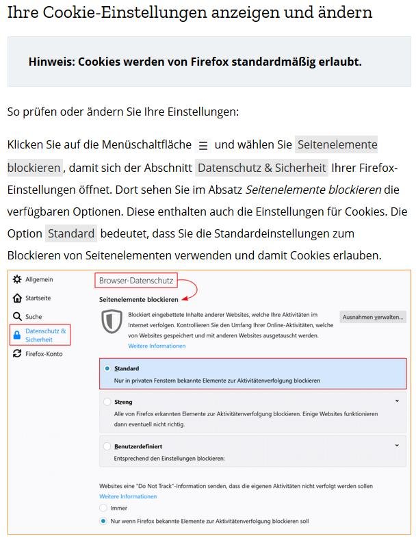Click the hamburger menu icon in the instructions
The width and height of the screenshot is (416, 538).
coord(203,146)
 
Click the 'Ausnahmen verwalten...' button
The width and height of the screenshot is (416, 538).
coord(372,318)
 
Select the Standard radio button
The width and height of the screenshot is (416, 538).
coord(107,368)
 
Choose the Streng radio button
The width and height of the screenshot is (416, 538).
coord(107,402)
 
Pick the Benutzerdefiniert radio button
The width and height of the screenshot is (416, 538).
coord(107,446)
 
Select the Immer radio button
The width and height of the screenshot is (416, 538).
coord(103,508)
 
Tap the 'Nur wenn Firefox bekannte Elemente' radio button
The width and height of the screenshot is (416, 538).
coord(103,521)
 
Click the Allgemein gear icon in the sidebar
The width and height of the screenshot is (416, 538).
coord(17,280)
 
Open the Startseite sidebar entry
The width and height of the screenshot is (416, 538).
coord(38,298)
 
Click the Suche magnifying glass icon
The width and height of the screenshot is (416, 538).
coord(17,317)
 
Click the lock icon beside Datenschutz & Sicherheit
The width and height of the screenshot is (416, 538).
coord(17,335)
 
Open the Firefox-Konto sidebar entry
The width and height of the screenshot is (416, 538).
coord(43,354)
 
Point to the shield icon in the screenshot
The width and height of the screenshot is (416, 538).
coord(112,322)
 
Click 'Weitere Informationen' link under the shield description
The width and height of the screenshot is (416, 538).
coord(157,346)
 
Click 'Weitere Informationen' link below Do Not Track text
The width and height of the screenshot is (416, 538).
coord(128,496)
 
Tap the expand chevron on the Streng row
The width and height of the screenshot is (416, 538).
coord(397,401)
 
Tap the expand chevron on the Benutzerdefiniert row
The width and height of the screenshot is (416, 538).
coord(397,446)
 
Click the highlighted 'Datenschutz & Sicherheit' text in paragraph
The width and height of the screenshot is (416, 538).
coord(261,168)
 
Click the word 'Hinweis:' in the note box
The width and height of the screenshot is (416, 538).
coord(51,62)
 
